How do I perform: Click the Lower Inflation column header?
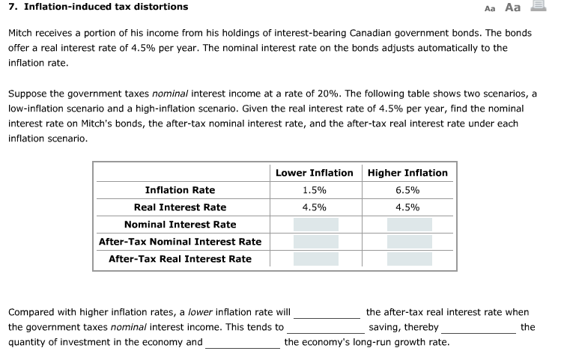tap(314, 173)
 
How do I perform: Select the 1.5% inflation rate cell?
tap(314, 190)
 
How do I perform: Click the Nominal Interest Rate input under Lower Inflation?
tap(315, 225)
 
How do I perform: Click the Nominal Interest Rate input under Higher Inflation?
tap(409, 225)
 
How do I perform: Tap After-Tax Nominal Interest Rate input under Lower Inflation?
tap(315, 242)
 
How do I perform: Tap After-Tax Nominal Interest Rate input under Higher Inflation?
tap(409, 242)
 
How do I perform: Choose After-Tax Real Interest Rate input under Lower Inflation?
tap(315, 259)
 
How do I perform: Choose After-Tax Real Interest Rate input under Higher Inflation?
tap(409, 259)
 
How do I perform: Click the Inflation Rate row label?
tap(180, 190)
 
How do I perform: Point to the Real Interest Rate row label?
tap(180, 207)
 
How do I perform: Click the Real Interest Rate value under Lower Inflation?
tap(314, 207)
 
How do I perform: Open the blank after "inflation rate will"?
tap(327, 313)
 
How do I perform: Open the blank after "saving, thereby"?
tap(479, 328)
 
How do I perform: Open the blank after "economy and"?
tap(243, 343)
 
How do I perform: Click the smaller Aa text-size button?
tap(491, 8)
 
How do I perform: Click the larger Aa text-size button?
tap(513, 7)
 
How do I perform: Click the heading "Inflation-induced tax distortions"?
tap(106, 7)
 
